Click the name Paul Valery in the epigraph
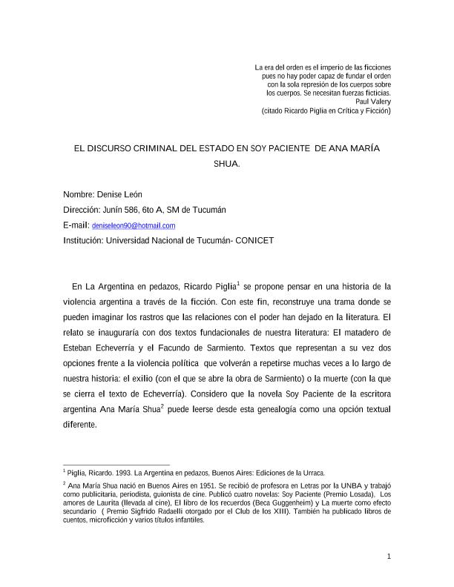click(373, 102)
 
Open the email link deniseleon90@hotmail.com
click(134, 225)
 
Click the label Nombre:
click(79, 194)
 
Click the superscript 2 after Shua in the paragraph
click(162, 407)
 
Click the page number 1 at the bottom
click(389, 557)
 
